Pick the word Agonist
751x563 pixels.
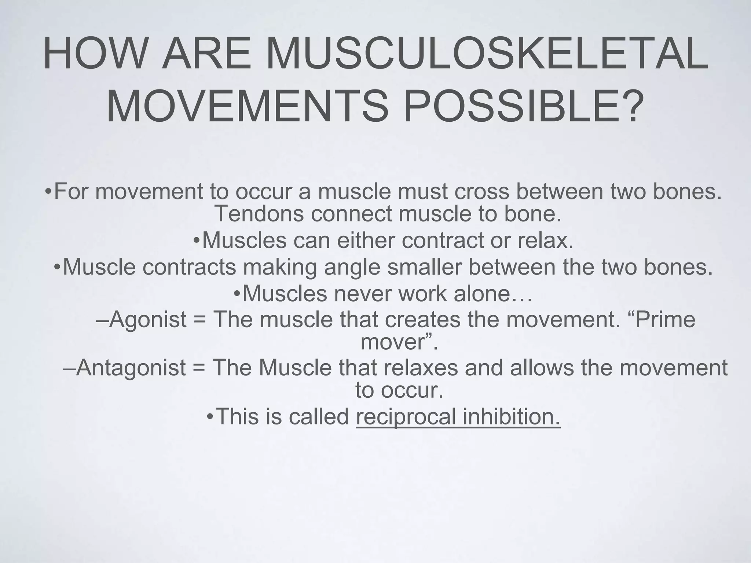tap(148, 319)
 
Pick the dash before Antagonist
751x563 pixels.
tap(70, 368)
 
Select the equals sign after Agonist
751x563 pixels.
tap(200, 320)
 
